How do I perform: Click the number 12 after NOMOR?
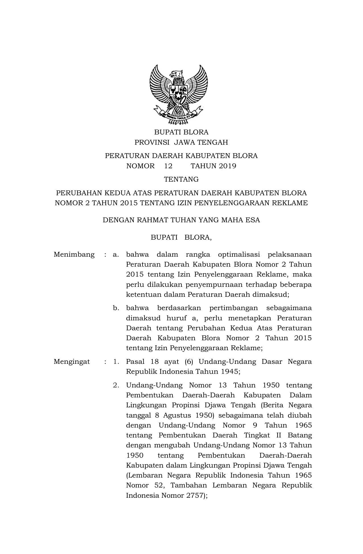click(168, 166)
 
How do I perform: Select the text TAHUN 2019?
click(213, 166)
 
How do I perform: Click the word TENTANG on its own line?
click(181, 179)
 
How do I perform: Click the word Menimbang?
click(74, 254)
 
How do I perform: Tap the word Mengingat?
click(72, 362)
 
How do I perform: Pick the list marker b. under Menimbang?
click(115, 308)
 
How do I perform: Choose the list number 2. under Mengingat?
click(115, 385)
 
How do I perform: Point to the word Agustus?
click(177, 415)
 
